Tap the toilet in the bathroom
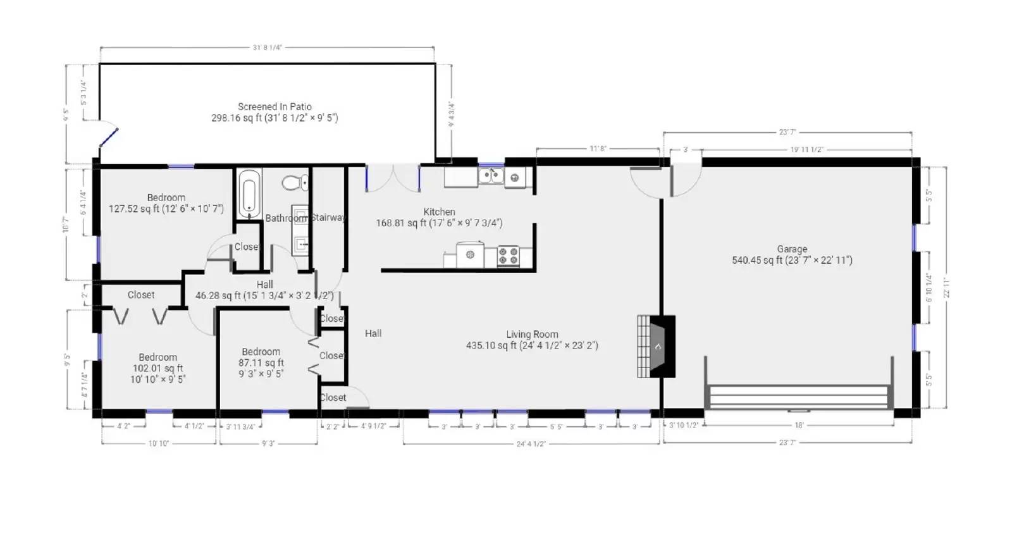click(295, 183)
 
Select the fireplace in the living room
click(657, 346)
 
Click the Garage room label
click(792, 249)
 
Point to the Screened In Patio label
click(275, 107)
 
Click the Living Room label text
click(532, 335)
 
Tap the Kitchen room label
click(439, 212)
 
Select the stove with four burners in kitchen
click(508, 256)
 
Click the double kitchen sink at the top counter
click(491, 176)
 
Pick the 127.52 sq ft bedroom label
click(166, 203)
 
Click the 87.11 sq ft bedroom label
click(261, 362)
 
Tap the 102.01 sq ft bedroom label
click(157, 368)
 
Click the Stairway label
click(328, 218)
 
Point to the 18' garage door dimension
click(799, 426)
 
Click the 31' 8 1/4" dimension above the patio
click(267, 47)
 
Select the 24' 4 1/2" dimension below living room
click(531, 444)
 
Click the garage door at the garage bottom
click(799, 397)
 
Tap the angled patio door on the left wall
click(108, 137)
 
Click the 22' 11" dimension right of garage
click(946, 287)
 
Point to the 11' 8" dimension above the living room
click(598, 149)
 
